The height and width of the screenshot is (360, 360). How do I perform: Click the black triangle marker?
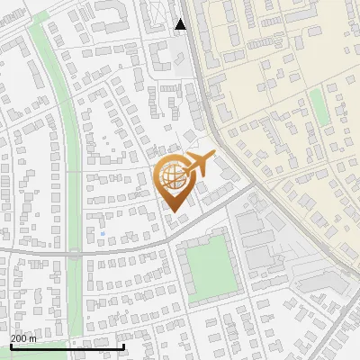click(x=181, y=24)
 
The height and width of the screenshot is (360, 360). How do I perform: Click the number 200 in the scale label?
click(x=19, y=338)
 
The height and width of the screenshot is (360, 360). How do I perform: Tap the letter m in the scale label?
click(x=33, y=338)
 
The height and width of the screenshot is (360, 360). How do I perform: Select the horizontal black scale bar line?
click(x=67, y=346)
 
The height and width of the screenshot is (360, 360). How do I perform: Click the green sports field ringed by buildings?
click(x=208, y=265)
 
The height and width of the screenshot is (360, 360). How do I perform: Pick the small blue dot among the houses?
click(x=103, y=234)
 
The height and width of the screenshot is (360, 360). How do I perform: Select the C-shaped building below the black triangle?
click(x=163, y=59)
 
